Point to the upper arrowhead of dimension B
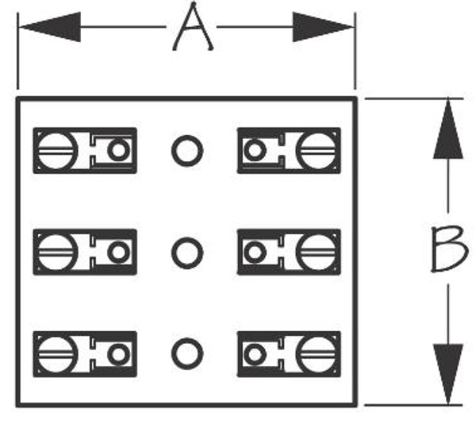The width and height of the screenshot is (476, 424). pyautogui.click(x=448, y=128)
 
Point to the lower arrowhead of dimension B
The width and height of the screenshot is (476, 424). pyautogui.click(x=448, y=374)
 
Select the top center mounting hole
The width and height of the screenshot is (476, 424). pyautogui.click(x=187, y=150)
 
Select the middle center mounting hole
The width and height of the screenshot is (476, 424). pyautogui.click(x=187, y=252)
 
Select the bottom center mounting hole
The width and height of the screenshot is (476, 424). pyautogui.click(x=187, y=353)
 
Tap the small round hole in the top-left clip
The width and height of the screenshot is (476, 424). pyautogui.click(x=118, y=150)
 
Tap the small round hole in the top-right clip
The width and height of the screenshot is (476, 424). pyautogui.click(x=255, y=150)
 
